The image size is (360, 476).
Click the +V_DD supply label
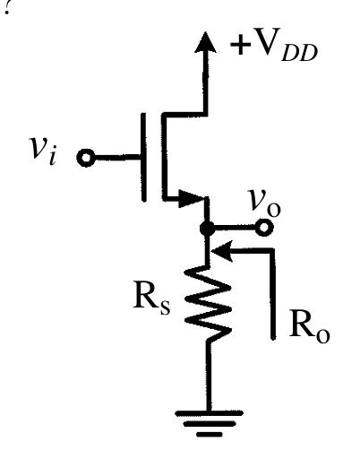tap(274, 45)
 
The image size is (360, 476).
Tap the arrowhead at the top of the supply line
tap(205, 42)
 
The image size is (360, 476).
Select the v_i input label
tap(42, 151)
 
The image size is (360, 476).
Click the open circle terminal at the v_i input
tap(86, 158)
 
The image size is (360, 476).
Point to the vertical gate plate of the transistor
tap(144, 157)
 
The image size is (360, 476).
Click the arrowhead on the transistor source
tap(191, 198)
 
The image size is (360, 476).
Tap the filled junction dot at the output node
tap(207, 228)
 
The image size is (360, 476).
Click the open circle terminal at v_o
tap(264, 227)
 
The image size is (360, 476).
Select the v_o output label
tap(264, 203)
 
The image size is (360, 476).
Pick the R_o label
tap(309, 327)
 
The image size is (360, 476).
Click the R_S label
tap(152, 300)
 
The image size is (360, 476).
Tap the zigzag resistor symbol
tap(208, 304)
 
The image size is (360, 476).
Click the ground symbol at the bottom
tap(209, 423)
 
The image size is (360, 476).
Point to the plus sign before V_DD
tap(240, 44)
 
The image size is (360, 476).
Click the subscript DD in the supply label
tap(299, 53)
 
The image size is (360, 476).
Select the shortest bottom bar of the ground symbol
tap(210, 435)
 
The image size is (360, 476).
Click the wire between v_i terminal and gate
tap(117, 158)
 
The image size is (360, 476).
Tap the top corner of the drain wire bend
tap(164, 115)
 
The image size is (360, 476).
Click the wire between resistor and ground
tap(209, 376)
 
